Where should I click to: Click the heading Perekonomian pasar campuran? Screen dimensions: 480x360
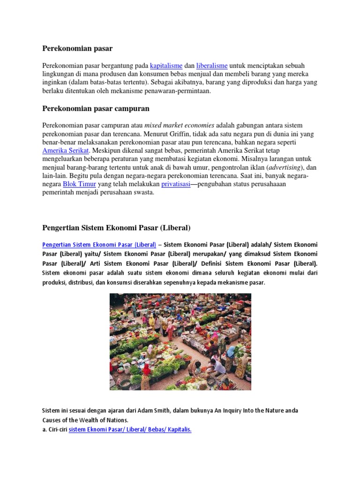tap(96, 109)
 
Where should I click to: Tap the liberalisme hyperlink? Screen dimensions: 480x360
tap(212, 66)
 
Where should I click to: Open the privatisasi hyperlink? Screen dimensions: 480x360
tap(176, 184)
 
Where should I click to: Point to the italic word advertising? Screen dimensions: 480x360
tap(285, 168)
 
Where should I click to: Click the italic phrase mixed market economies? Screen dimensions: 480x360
tap(179, 126)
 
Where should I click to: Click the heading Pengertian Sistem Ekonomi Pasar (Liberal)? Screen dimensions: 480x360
tap(116, 228)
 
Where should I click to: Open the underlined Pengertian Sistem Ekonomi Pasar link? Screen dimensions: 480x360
tap(99, 245)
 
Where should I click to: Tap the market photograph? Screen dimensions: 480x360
tap(180, 342)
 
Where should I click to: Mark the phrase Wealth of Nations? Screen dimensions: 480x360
tap(106, 420)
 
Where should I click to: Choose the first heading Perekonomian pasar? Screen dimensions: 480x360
tap(77, 48)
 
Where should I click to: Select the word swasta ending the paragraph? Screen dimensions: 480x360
tap(144, 193)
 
